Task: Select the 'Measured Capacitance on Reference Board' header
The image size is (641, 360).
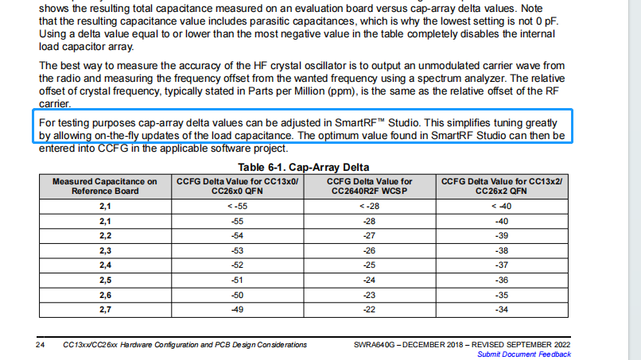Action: point(104,186)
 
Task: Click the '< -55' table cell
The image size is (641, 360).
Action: point(236,205)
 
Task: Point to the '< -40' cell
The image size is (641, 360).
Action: point(502,205)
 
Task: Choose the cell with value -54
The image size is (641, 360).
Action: point(236,236)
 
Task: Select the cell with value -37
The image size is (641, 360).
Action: point(502,265)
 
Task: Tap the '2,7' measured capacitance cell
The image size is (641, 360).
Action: point(104,310)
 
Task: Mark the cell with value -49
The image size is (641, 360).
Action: point(236,310)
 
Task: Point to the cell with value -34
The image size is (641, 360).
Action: point(502,310)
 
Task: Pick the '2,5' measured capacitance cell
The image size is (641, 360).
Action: point(104,281)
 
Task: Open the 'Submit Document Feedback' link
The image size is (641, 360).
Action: point(524,354)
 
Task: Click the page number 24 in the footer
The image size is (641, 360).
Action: point(40,345)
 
